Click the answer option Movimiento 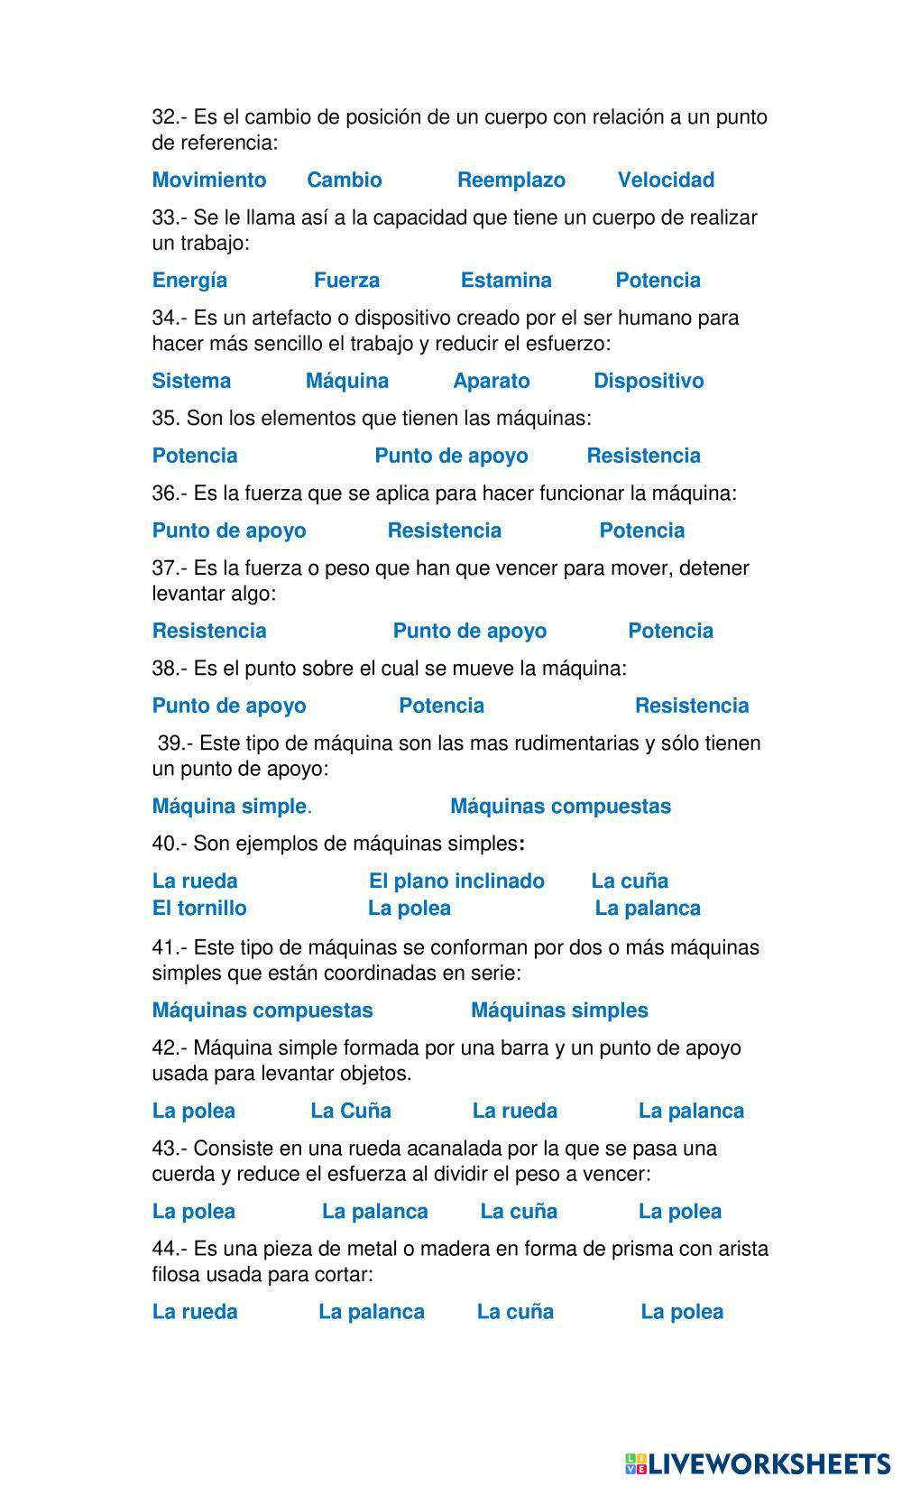click(x=208, y=180)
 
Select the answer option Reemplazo click(x=511, y=180)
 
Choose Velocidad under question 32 click(x=666, y=180)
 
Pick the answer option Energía click(x=189, y=280)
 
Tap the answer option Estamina click(x=506, y=280)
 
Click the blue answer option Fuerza click(x=346, y=280)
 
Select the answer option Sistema click(x=191, y=381)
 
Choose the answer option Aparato click(x=491, y=381)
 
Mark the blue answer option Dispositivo click(x=649, y=381)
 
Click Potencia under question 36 click(x=641, y=531)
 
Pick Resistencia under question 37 click(x=209, y=631)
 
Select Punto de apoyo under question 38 click(x=229, y=706)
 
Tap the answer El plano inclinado click(x=456, y=881)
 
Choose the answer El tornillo click(x=199, y=908)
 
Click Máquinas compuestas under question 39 click(x=560, y=806)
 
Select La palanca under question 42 click(x=691, y=1111)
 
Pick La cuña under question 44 click(x=515, y=1312)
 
